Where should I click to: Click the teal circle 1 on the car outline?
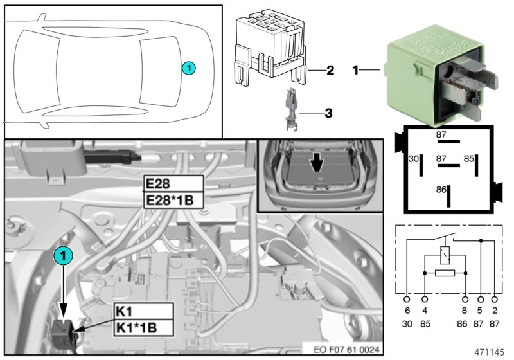(x=188, y=67)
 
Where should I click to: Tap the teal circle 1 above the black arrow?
(x=63, y=255)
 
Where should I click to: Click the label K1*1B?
(x=143, y=328)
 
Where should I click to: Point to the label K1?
(x=143, y=311)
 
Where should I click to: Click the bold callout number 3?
(x=328, y=114)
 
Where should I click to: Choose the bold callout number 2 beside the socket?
(x=330, y=70)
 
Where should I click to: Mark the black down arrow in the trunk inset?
(x=317, y=165)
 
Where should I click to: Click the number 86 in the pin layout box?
(x=440, y=191)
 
